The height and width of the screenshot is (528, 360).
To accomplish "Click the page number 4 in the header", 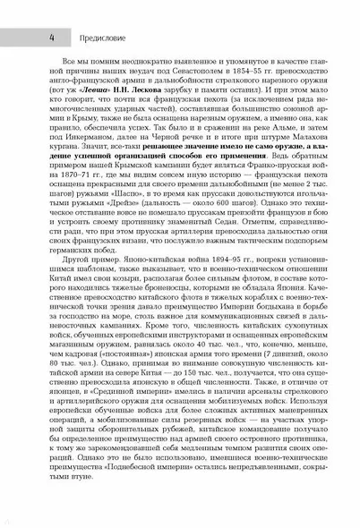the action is coord(30,38).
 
